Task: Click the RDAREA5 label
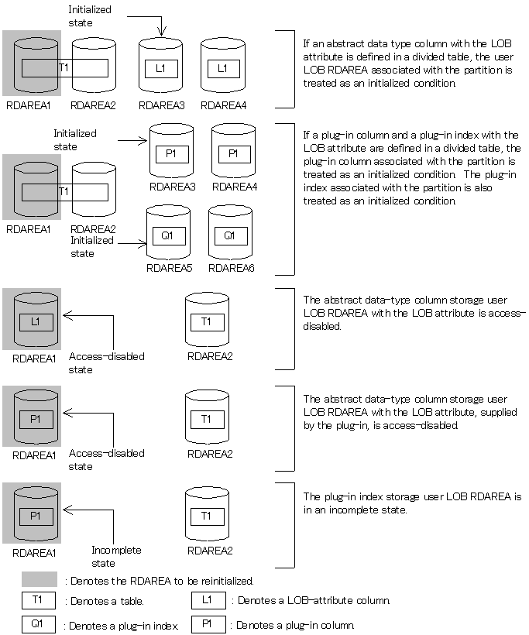[x=170, y=268]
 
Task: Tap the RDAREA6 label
[x=232, y=268]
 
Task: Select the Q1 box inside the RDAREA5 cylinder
[x=169, y=236]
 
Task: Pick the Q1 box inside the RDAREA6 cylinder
[x=231, y=236]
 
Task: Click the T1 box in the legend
[x=39, y=600]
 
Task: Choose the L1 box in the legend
[x=208, y=600]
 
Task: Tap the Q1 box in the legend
[x=39, y=624]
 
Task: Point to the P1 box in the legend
[x=208, y=624]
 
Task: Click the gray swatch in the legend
[x=40, y=579]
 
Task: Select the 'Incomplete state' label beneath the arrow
[x=116, y=557]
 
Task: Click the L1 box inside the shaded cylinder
[x=36, y=322]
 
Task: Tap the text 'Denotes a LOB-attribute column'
[x=314, y=601]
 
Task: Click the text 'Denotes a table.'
[x=107, y=602]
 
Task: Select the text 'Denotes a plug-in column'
[x=295, y=625]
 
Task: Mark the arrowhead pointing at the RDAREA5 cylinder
[x=143, y=244]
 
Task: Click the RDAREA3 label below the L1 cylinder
[x=162, y=105]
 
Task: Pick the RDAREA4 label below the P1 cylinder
[x=235, y=187]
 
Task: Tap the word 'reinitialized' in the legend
[x=227, y=582]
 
